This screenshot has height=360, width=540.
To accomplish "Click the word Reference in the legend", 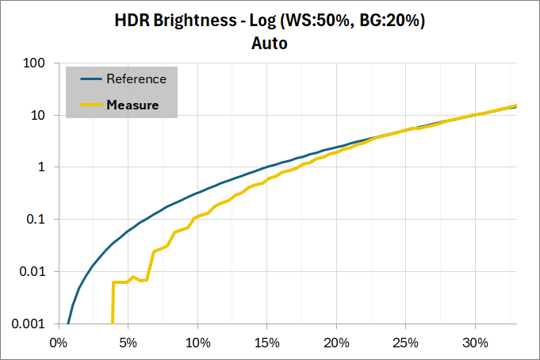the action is [136, 79].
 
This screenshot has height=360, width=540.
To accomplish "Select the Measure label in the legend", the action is [132, 105].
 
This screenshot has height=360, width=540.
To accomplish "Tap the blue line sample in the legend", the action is [91, 79].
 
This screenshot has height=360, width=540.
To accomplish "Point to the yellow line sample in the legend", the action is [91, 105].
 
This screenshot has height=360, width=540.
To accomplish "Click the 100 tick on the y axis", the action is [34, 63].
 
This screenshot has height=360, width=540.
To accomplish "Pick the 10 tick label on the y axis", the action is [38, 115].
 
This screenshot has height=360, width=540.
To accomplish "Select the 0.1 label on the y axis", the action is [36, 219].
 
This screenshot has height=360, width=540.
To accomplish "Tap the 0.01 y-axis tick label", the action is [32, 271].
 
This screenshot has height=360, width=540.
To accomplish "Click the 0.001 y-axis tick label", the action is [29, 324].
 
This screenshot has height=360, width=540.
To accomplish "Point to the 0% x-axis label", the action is [58, 343].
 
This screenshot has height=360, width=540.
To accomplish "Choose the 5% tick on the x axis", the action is [128, 343].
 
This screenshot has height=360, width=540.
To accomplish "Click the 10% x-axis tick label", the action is [197, 343].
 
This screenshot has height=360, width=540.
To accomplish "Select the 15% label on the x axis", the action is [267, 343].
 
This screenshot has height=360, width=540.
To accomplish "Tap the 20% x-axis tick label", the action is [336, 343].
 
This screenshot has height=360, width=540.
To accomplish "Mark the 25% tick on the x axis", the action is [406, 343].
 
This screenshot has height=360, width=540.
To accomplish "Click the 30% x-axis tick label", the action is [475, 343].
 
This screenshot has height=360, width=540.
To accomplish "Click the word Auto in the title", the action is [270, 44].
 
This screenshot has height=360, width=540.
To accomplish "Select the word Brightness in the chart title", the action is [195, 21].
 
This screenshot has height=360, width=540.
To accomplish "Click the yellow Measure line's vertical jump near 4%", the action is [113, 303].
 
